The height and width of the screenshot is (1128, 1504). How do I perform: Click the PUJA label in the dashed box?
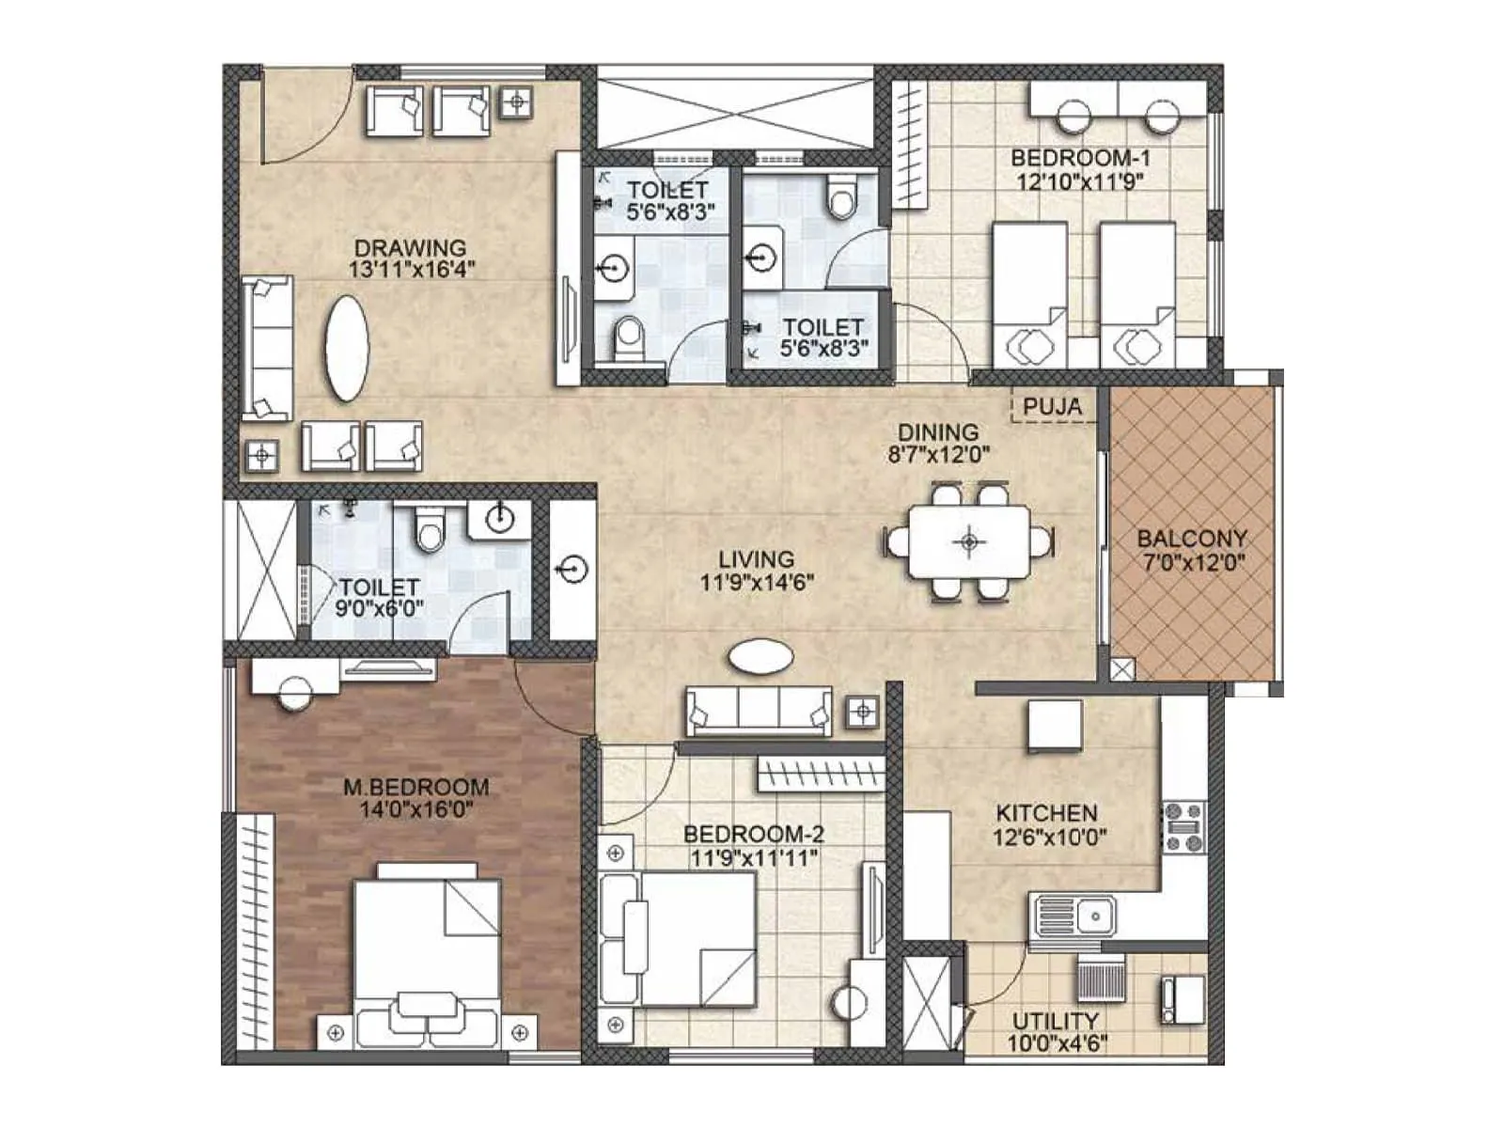point(1053,407)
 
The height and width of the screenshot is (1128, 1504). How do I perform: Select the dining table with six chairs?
point(969,541)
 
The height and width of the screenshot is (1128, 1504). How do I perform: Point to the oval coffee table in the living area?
point(761,656)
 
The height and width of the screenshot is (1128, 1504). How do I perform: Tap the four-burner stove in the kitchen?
point(1184,827)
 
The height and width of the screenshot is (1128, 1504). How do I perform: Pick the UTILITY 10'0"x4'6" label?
point(1056,1031)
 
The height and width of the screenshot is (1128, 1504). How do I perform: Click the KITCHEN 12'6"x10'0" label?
point(1047,823)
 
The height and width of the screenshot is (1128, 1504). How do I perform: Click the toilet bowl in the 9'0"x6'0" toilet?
point(431,532)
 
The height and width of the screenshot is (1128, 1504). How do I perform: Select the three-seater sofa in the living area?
point(759,711)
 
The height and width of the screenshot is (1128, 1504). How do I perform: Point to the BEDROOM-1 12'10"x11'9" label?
point(1079,169)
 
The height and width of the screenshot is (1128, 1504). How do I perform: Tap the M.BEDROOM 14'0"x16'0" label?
point(415,797)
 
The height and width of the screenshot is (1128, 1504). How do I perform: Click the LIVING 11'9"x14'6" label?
point(757,571)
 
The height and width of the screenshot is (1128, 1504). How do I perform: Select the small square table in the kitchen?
point(1054,726)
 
